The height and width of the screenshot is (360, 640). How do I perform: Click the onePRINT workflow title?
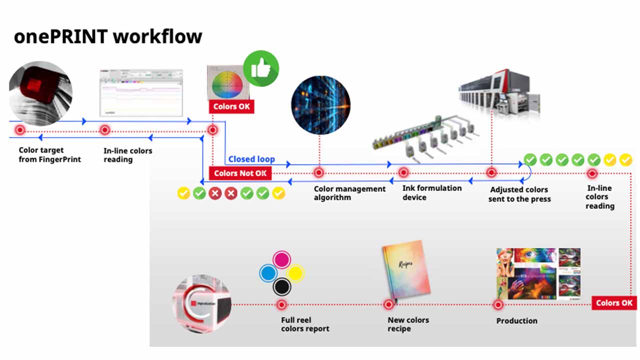pos(108,36)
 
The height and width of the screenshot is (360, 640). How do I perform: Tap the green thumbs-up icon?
pos(261,68)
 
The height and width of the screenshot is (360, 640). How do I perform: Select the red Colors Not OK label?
pos(240,173)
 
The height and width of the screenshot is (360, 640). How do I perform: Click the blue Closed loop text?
pos(251,159)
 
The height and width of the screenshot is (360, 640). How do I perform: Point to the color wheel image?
pos(227,84)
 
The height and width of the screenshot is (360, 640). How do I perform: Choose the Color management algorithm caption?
pos(349,193)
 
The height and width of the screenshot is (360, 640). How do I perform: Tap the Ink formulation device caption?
pos(432,192)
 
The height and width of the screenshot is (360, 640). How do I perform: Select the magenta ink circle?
pos(282,260)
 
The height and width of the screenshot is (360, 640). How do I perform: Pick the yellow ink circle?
pos(296,273)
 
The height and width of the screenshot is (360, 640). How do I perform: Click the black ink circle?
pos(282,287)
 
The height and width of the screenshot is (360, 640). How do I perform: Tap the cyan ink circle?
pos(268,273)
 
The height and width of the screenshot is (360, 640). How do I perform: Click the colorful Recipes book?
pos(406,273)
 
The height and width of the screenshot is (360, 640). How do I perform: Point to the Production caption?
pos(516,321)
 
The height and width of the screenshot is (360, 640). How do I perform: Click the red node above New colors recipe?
pos(388,304)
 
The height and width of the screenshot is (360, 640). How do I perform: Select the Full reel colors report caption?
pos(305,324)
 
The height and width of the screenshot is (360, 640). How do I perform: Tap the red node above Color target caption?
pos(20,130)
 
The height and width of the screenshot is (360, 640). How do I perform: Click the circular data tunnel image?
pos(320,105)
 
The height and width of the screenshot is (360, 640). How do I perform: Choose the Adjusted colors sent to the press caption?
pos(519,194)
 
